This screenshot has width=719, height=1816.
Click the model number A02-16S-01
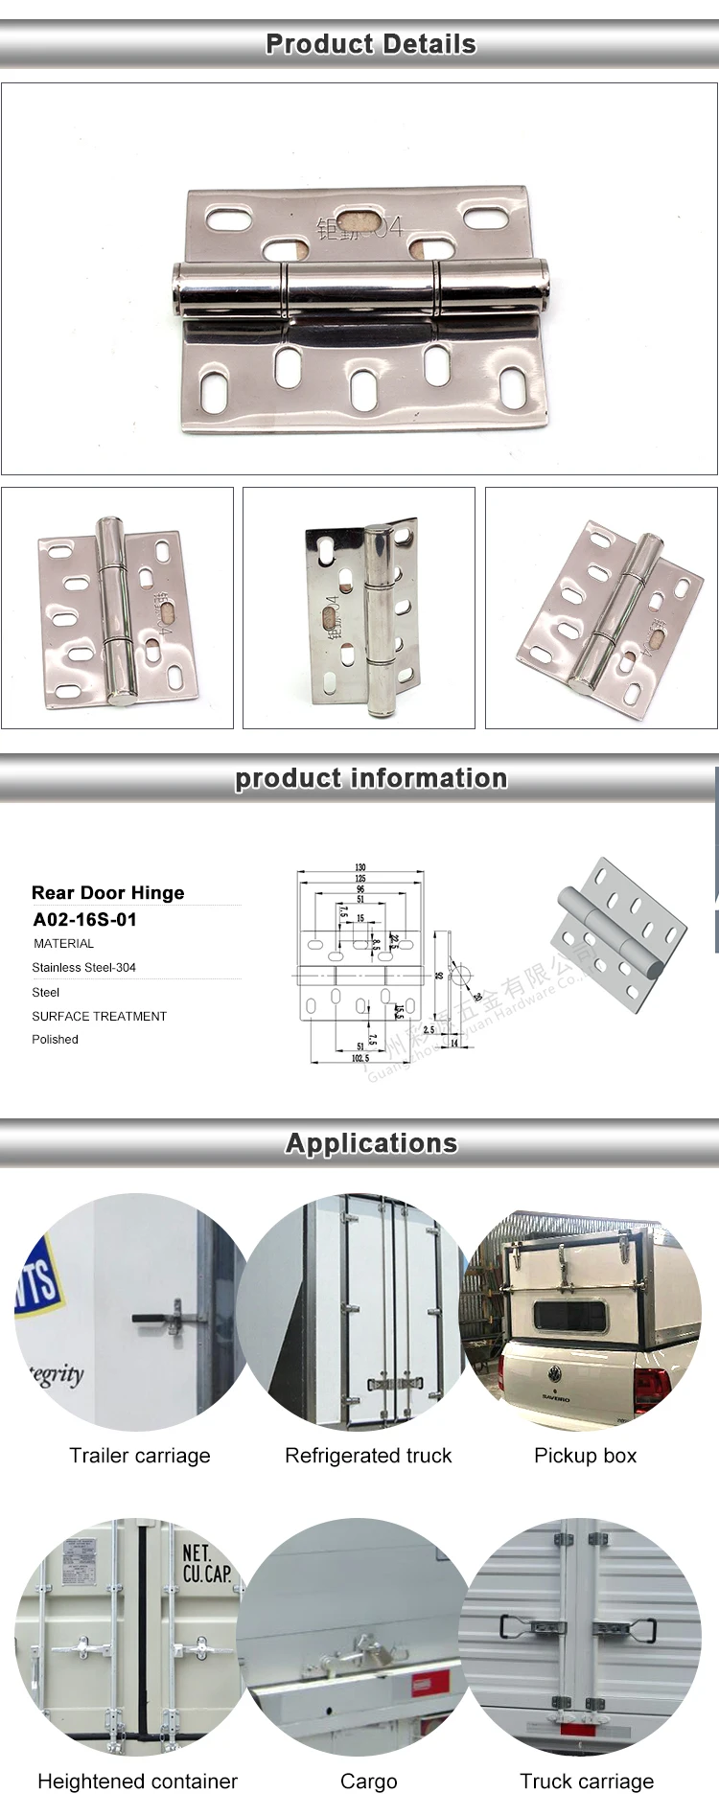tap(84, 920)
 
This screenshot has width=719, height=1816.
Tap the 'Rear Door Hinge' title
tap(107, 893)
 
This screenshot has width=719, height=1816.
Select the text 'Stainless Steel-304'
tap(83, 968)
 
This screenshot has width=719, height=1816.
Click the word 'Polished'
tap(55, 1040)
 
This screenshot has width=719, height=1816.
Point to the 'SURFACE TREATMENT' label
tap(99, 1017)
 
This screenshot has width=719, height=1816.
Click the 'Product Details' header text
tap(370, 44)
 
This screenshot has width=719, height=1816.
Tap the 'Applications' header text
tap(371, 1143)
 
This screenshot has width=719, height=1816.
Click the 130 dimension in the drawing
tap(360, 867)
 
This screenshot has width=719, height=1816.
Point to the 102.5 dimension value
tap(359, 1058)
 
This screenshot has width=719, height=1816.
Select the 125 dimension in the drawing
tap(360, 878)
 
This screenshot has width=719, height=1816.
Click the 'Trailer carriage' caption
tap(139, 1456)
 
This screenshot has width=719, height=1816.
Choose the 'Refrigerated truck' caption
tap(368, 1456)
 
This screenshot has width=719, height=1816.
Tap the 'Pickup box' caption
tap(585, 1456)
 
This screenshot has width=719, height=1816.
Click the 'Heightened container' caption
tap(137, 1782)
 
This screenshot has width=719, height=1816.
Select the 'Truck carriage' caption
tap(587, 1782)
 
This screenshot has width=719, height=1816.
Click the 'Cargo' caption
tap(368, 1782)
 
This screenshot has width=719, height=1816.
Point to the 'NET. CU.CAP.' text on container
tap(206, 1563)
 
